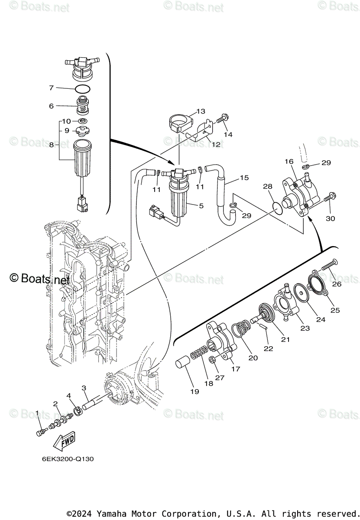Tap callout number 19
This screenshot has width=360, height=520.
195,391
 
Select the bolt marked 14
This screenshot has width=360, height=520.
222,118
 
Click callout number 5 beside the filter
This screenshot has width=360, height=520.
201,206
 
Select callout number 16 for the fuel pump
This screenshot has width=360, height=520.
289,161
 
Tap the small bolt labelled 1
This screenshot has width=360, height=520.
41,432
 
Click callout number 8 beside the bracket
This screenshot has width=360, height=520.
51,145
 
